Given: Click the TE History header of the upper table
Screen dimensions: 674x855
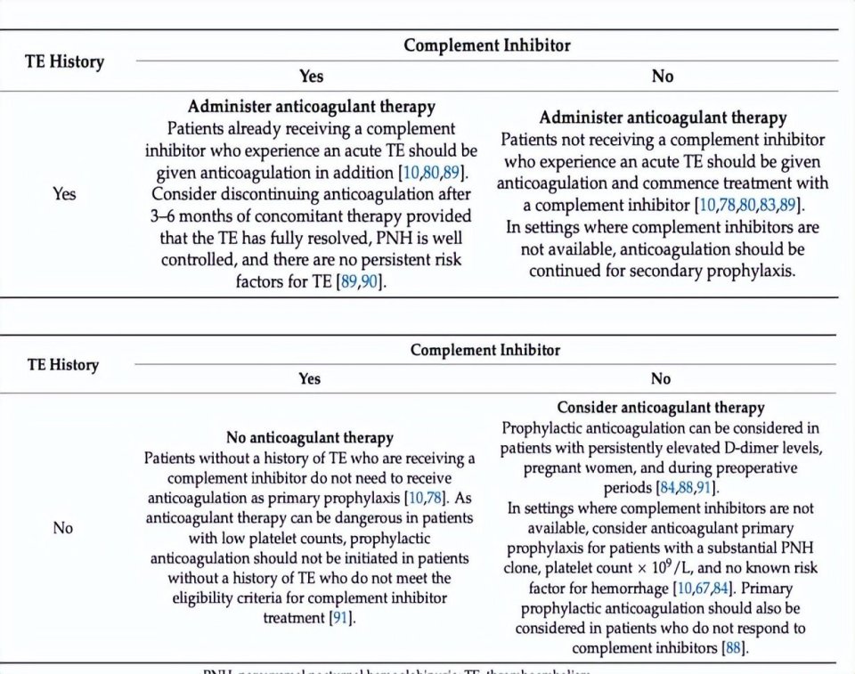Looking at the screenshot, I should tap(63, 61).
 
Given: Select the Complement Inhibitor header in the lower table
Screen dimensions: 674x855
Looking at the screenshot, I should tap(485, 350).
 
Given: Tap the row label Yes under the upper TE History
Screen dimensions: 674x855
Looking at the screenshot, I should tap(64, 193).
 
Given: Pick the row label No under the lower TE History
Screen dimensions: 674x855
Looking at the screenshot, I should tap(62, 528).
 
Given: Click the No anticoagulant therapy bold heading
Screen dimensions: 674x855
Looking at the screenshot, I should tap(309, 438).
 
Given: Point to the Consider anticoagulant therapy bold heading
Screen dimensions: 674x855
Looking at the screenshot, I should tap(660, 408).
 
